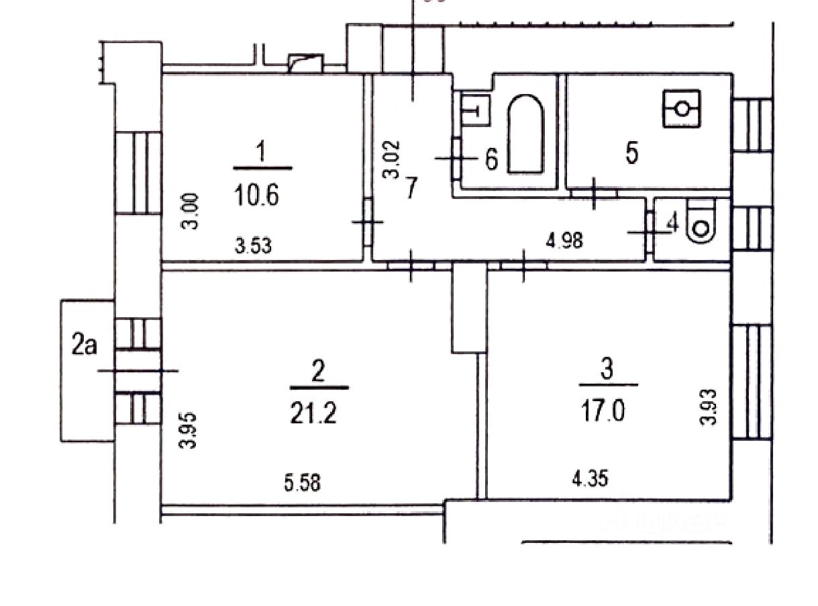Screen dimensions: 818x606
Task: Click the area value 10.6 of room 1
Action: [256, 197]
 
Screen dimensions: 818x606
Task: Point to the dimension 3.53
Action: [254, 246]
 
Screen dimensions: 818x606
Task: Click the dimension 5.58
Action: [302, 482]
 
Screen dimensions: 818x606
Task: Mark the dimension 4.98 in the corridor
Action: [564, 239]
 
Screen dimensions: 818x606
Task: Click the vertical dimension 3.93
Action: [709, 407]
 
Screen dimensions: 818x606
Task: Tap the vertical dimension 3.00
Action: [191, 211]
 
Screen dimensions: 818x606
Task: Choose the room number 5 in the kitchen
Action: [631, 153]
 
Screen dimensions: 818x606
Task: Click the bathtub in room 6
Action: [525, 134]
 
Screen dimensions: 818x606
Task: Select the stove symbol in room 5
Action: [682, 108]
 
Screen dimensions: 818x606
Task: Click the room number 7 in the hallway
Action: [411, 187]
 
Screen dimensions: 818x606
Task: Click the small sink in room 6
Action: [475, 108]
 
